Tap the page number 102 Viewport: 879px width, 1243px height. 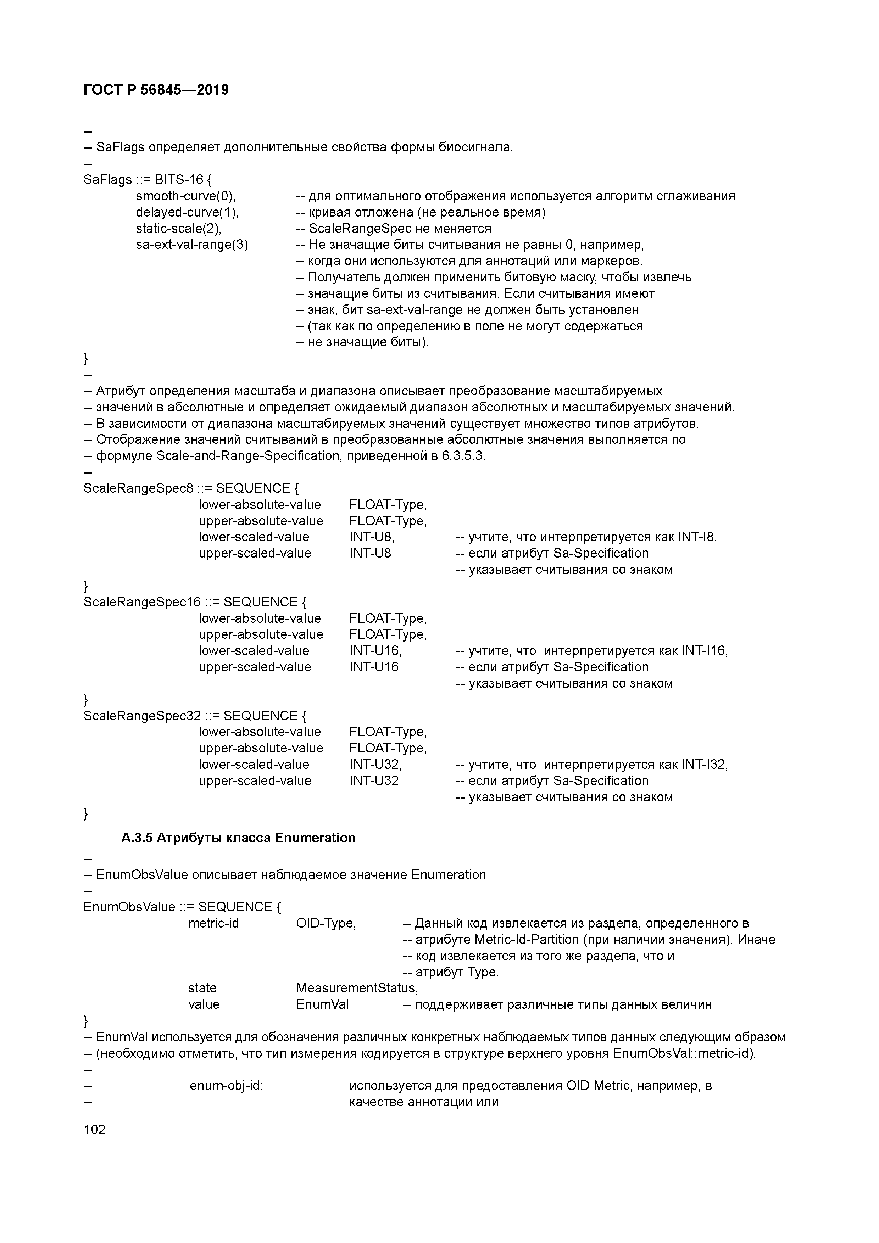pyautogui.click(x=95, y=1129)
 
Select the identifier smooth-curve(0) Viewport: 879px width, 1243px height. pyautogui.click(x=185, y=196)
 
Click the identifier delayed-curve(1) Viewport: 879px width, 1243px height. pyautogui.click(x=187, y=212)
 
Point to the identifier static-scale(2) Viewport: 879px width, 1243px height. pyautogui.click(x=179, y=229)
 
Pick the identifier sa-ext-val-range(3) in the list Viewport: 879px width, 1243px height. pyautogui.click(x=192, y=245)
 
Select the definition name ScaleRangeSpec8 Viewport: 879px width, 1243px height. pyautogui.click(x=138, y=488)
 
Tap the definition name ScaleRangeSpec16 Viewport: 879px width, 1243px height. pyautogui.click(x=142, y=602)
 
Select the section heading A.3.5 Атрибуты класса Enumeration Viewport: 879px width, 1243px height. pyautogui.click(x=238, y=838)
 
